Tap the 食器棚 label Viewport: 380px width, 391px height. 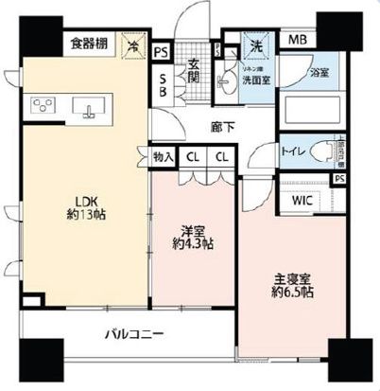[90, 44]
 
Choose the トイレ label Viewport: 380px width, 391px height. [293, 151]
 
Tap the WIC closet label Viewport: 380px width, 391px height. [302, 201]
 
